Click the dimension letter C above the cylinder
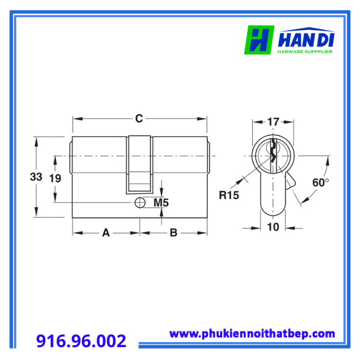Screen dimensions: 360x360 click(x=139, y=118)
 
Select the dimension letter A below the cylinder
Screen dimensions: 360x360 click(x=106, y=232)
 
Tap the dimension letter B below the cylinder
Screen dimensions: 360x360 click(x=174, y=232)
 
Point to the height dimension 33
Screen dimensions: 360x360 click(x=36, y=177)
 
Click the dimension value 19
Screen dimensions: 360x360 click(x=55, y=178)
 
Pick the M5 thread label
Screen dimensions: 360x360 click(x=161, y=203)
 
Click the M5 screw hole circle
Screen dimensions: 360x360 click(x=140, y=203)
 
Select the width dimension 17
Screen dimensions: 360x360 click(x=273, y=122)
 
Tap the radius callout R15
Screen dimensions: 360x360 click(x=229, y=195)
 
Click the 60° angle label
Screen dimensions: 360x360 click(x=320, y=183)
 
